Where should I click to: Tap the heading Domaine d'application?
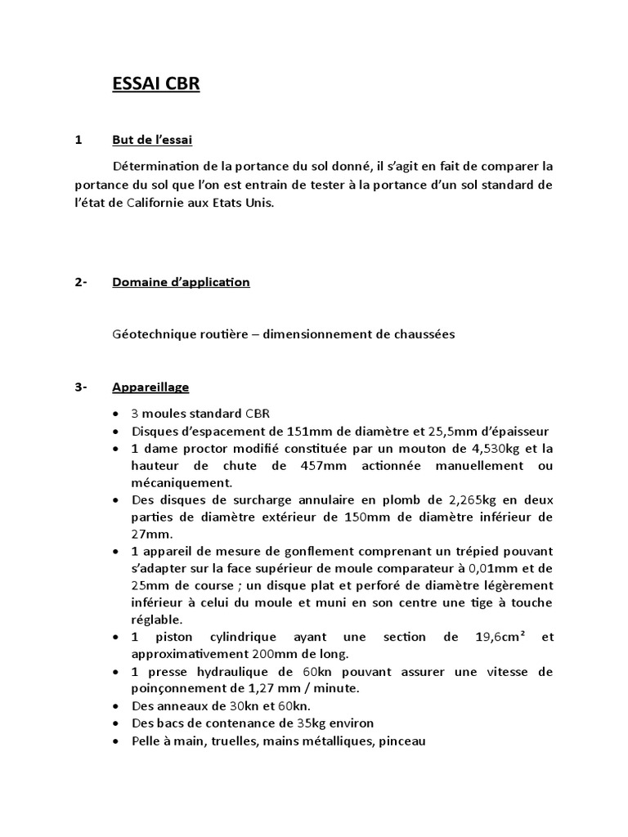coord(181,282)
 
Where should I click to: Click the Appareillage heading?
coord(150,387)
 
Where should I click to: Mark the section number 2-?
coord(81,282)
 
